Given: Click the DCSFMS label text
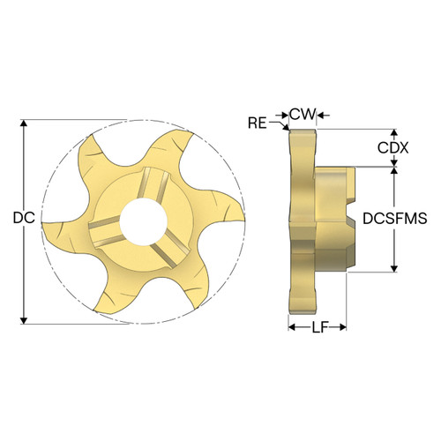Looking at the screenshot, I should click(x=394, y=219).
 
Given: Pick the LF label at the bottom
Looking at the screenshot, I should click(x=318, y=327).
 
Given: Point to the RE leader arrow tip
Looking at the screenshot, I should click(x=286, y=131).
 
